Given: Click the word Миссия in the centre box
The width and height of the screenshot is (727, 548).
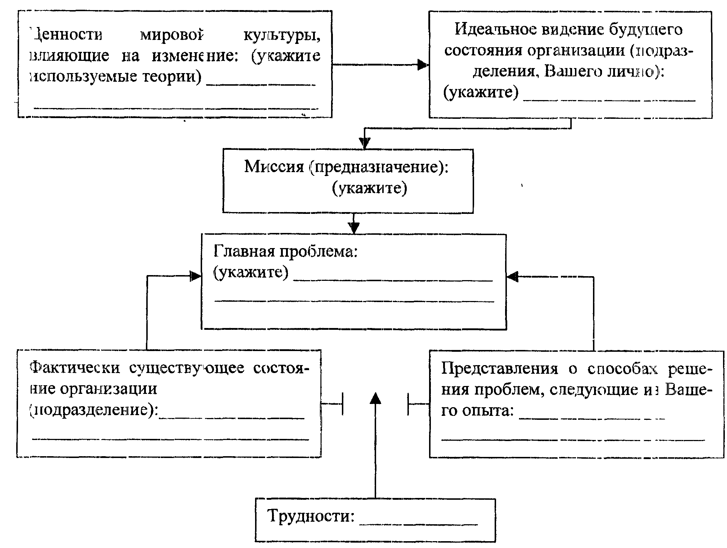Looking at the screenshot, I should coord(274,167).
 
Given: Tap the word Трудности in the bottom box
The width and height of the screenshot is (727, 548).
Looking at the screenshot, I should coord(311,516).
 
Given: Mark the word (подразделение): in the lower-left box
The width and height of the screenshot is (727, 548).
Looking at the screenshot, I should coord(94,410).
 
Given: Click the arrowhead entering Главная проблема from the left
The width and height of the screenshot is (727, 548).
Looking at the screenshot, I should coord(196,276).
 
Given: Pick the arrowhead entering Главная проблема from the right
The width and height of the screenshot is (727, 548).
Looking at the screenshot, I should coord(512,277).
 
